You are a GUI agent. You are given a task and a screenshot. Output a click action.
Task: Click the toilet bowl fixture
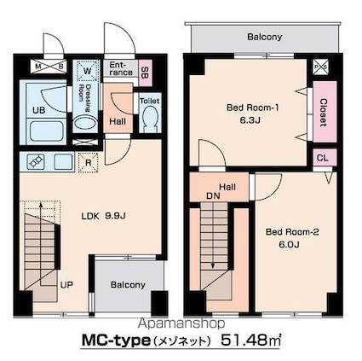click(x=150, y=118)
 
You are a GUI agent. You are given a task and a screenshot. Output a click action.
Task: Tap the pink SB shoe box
click(x=145, y=73)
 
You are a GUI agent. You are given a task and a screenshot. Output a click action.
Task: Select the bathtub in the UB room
click(x=46, y=131)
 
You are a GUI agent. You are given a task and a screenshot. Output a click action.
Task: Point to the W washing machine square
click(x=87, y=71)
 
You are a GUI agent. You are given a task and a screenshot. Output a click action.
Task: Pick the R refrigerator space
click(x=89, y=163)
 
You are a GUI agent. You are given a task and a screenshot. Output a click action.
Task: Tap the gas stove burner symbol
click(x=36, y=162)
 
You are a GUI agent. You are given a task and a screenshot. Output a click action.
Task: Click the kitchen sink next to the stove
click(x=63, y=162)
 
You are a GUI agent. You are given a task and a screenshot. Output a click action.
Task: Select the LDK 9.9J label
click(x=103, y=216)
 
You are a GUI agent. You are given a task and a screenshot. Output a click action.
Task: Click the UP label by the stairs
click(x=66, y=284)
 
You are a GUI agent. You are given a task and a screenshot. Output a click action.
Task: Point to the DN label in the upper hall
click(x=213, y=195)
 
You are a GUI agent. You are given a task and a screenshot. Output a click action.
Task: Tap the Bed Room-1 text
click(x=252, y=108)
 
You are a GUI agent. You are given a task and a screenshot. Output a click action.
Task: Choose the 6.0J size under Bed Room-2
click(x=289, y=244)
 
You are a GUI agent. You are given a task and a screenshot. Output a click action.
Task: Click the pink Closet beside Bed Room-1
click(x=325, y=112)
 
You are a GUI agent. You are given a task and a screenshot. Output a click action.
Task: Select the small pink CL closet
click(x=325, y=158)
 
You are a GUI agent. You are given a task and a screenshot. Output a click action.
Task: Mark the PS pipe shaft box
click(x=321, y=67)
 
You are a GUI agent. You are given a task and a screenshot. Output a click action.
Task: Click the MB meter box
click(x=49, y=67)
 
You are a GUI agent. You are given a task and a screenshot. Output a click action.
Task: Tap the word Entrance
click(x=121, y=68)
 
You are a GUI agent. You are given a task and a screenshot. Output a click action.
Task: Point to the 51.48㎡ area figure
click(x=251, y=340)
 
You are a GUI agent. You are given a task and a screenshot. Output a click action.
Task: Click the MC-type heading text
click(x=116, y=340)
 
